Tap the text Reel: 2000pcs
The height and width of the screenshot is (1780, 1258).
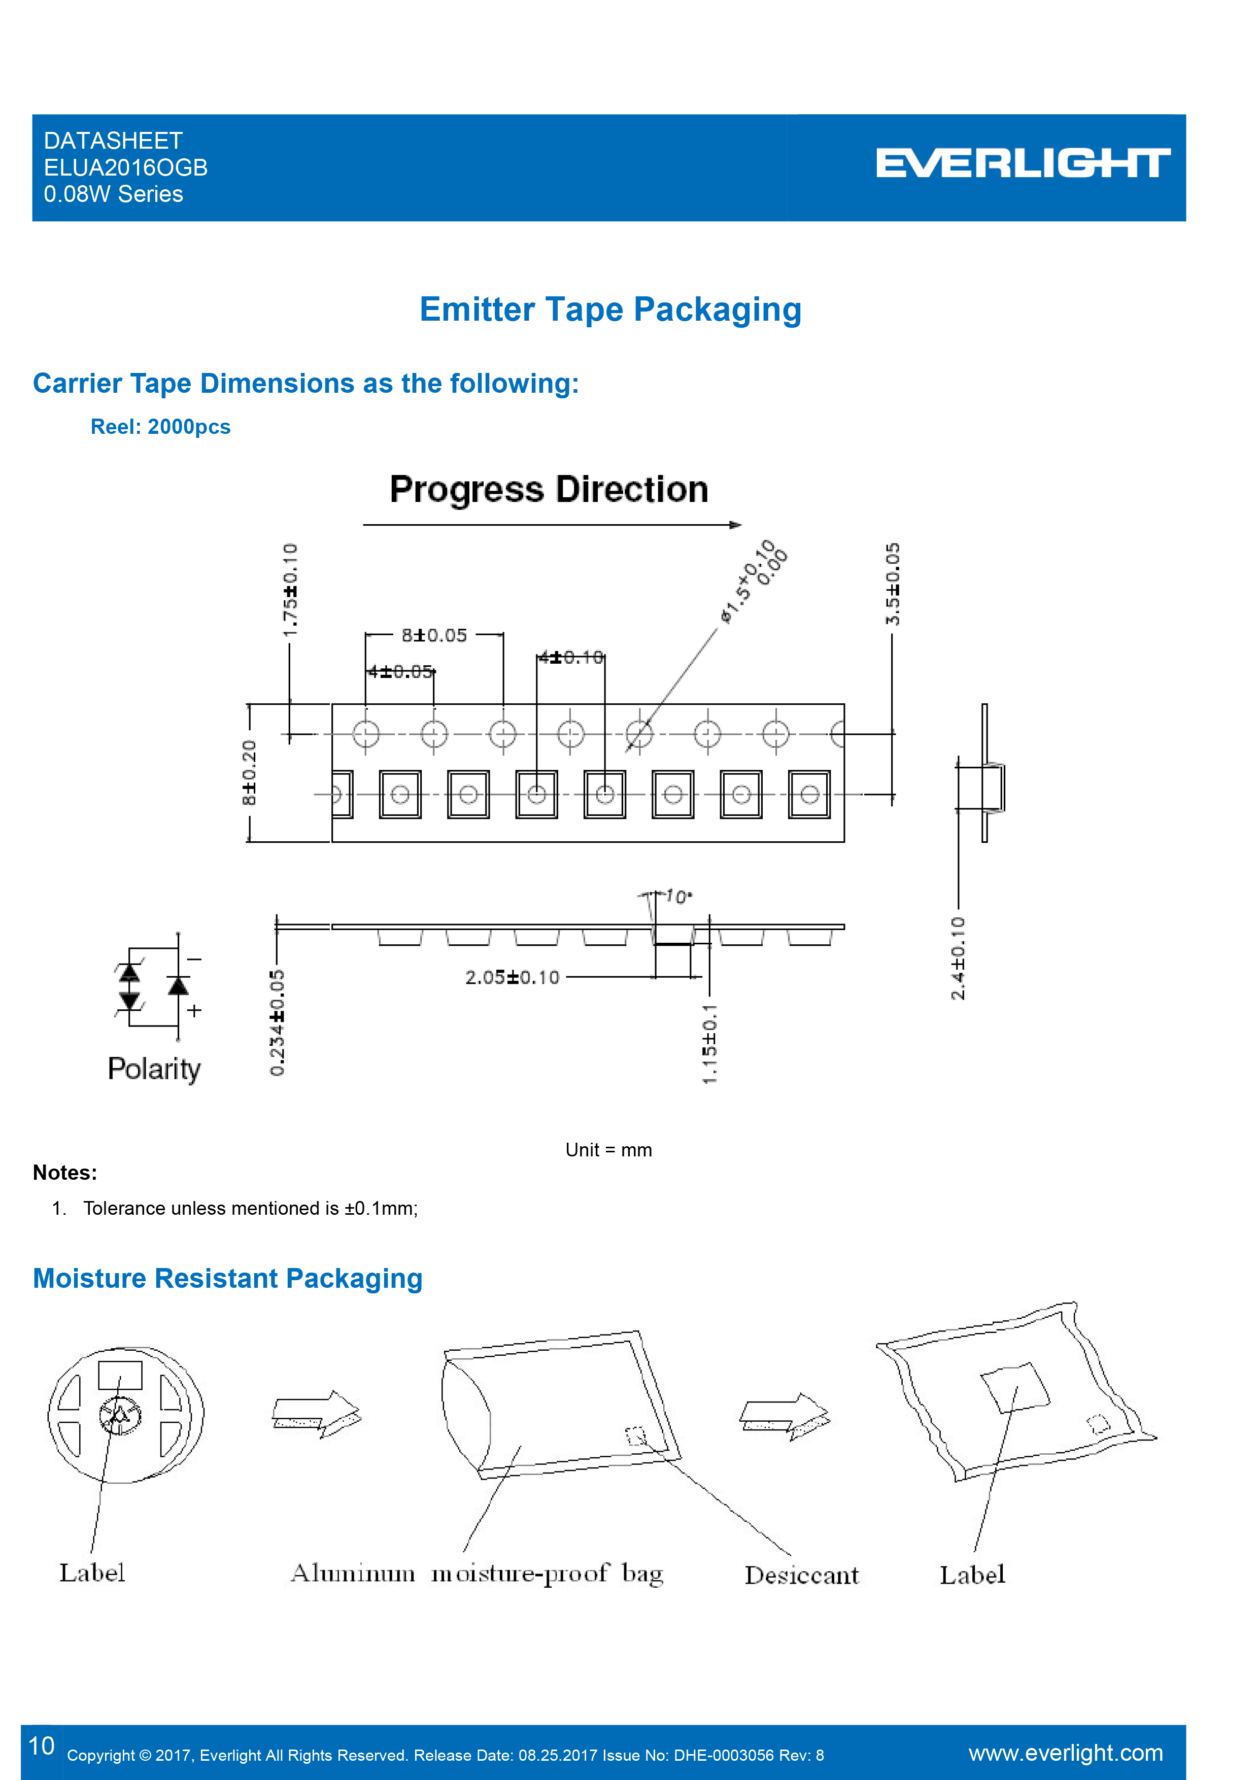pos(160,427)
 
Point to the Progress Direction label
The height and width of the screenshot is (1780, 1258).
pos(549,490)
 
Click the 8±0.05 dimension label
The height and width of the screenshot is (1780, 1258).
pos(434,636)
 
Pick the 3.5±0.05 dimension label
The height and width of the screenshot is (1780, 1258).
pos(893,584)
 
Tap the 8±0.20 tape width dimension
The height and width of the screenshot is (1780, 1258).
pos(249,772)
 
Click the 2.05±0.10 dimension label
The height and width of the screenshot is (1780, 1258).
pos(513,978)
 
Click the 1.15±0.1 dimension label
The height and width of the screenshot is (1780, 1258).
pos(710,1044)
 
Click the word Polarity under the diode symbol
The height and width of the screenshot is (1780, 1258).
pos(154,1069)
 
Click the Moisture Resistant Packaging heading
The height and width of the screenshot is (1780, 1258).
pos(228,1278)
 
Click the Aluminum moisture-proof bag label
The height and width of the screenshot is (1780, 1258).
pos(477,1574)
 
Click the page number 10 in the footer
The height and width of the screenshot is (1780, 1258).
pos(41,1746)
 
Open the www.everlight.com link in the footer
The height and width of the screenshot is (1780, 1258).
pos(1065,1753)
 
